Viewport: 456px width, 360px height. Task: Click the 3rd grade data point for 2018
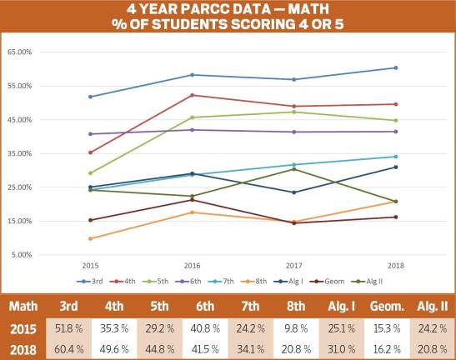click(396, 67)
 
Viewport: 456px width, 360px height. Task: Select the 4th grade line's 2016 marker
click(192, 95)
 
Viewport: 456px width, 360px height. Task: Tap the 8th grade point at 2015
click(90, 238)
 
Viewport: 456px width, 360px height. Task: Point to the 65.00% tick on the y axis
click(20, 52)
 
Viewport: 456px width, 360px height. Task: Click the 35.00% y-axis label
click(20, 153)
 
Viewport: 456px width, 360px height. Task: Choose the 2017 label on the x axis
click(293, 264)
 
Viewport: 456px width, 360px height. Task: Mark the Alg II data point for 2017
click(293, 169)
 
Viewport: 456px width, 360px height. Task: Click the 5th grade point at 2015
click(90, 173)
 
